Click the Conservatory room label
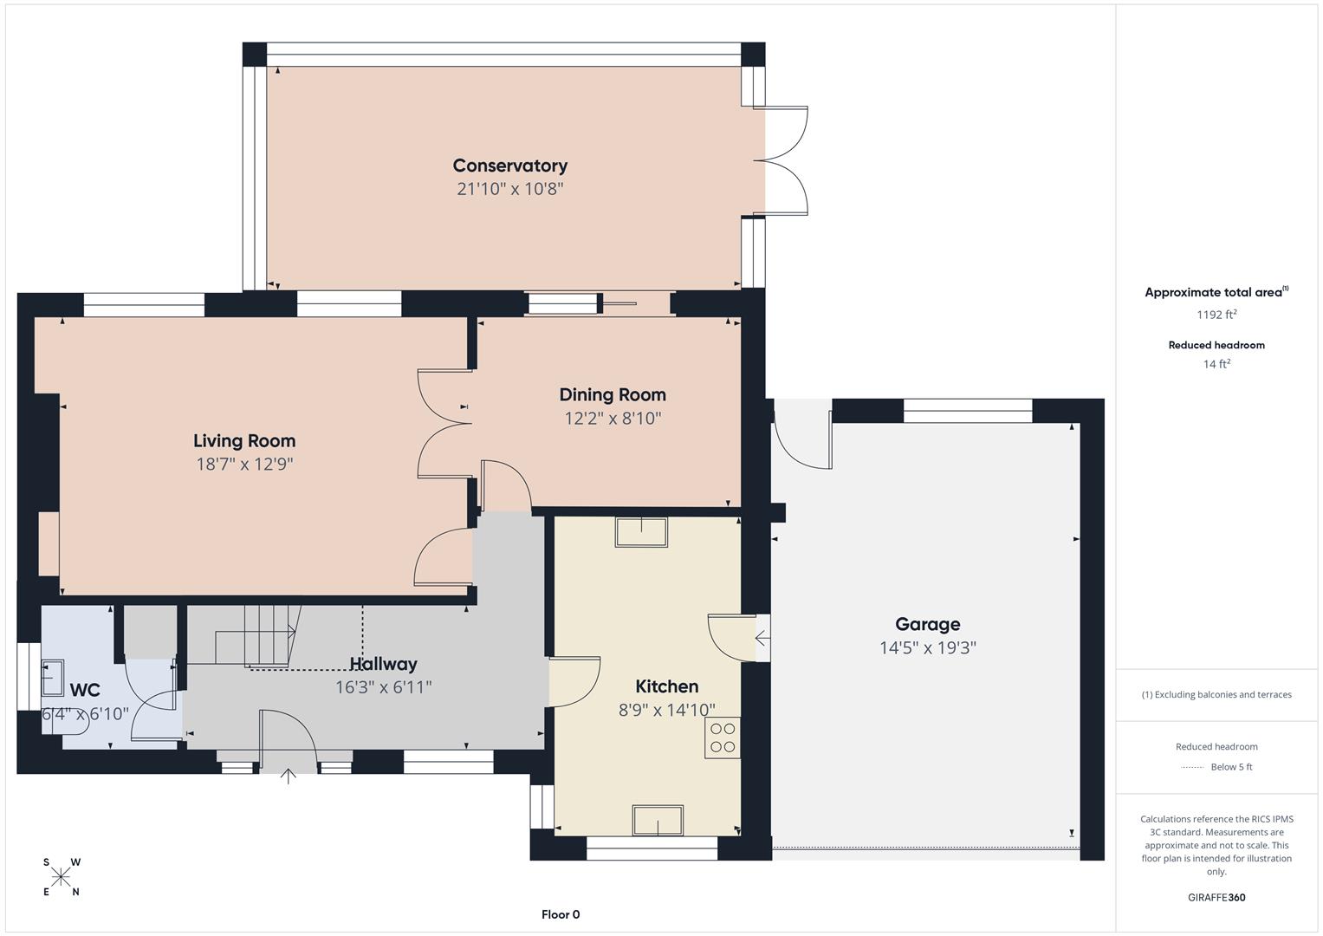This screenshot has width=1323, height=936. tap(509, 166)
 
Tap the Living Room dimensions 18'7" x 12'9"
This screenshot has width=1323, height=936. tap(244, 464)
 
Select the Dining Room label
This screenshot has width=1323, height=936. tap(612, 395)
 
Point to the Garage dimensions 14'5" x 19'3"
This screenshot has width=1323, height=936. tap(927, 647)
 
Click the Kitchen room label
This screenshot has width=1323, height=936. tap(666, 686)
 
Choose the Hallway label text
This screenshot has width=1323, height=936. tap(383, 664)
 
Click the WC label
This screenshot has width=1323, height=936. tap(85, 690)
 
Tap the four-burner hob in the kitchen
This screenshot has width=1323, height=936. tap(723, 738)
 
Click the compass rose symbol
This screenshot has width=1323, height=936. tap(61, 877)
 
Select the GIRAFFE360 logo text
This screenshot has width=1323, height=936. tap(1216, 897)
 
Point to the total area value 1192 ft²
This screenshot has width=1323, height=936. tap(1216, 315)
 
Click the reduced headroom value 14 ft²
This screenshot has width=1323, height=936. tap(1216, 364)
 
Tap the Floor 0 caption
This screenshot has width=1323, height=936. tap(560, 914)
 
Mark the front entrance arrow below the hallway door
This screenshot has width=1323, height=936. tap(288, 775)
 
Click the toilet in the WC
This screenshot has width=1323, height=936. tap(69, 727)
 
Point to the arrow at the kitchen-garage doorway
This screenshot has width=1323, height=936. tap(762, 639)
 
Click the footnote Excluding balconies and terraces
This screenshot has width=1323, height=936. tap(1216, 694)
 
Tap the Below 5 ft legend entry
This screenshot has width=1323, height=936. tap(1230, 767)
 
